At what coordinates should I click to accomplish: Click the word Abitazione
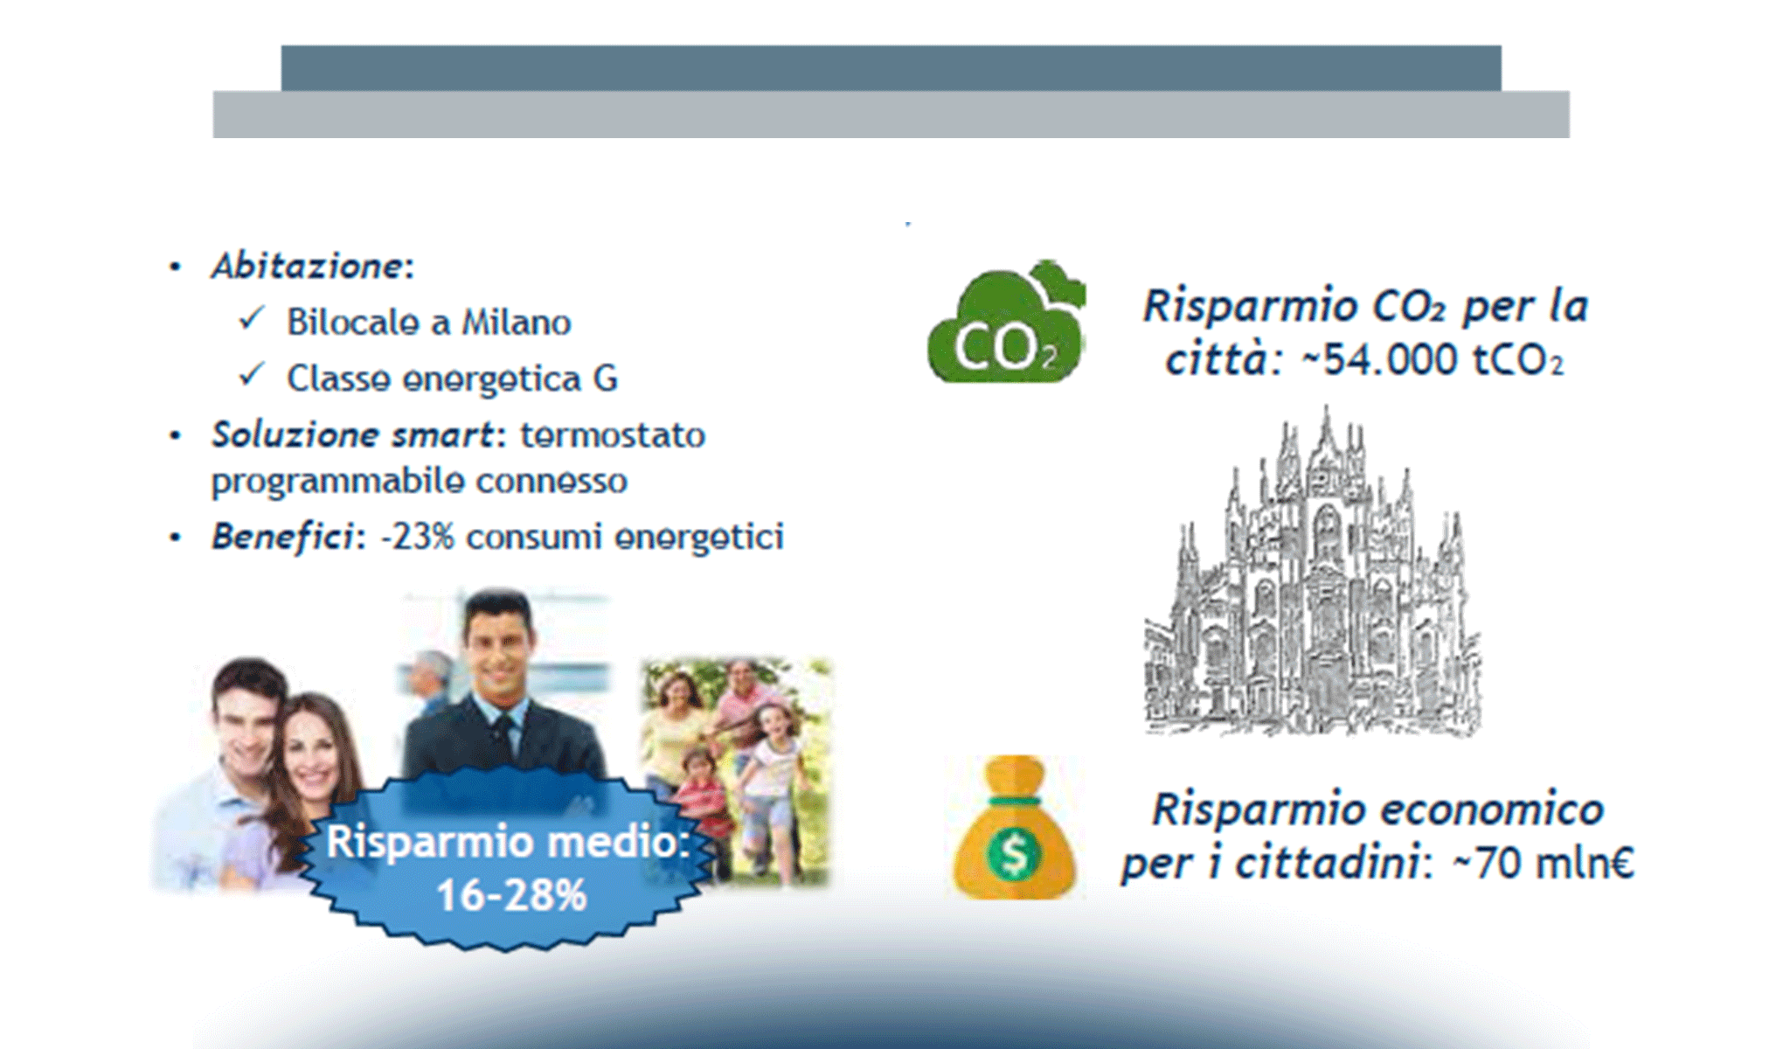(306, 266)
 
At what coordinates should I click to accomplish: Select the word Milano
(516, 323)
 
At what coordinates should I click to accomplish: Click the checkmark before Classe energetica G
(252, 375)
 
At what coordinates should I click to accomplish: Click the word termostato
(613, 434)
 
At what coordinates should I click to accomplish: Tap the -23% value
(417, 537)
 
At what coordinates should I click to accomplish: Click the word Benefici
(281, 537)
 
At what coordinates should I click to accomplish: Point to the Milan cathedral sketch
(1311, 577)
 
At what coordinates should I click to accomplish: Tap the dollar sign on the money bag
(1014, 854)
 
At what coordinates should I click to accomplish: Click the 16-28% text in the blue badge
(511, 895)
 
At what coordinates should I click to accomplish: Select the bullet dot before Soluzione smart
(176, 435)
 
